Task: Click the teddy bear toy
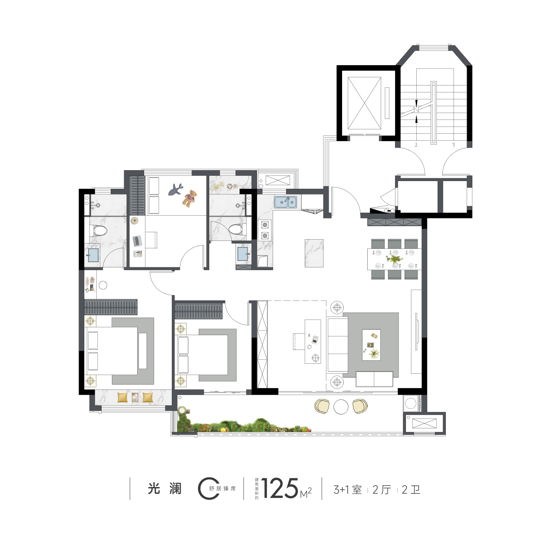point(190,198)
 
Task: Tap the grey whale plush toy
point(175,189)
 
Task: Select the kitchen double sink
point(286,202)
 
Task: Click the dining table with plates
point(395,259)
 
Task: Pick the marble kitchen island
point(314,253)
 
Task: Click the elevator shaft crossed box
point(365,103)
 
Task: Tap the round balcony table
point(341,406)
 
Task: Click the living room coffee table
point(371,345)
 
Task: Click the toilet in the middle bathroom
point(237,229)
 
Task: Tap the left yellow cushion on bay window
point(123,397)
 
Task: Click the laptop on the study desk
point(137,240)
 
